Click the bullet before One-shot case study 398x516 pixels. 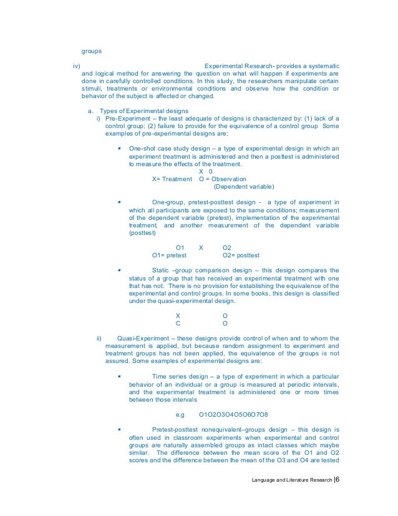tap(119, 149)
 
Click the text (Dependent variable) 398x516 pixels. tap(244, 186)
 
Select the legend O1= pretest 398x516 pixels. tap(169, 256)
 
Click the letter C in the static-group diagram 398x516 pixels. tap(178, 324)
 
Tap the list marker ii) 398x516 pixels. tap(98, 339)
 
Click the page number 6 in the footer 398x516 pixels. tap(337, 480)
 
